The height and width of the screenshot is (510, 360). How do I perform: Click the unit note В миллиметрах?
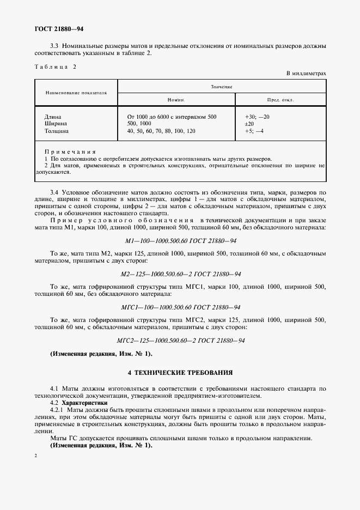coord(306,74)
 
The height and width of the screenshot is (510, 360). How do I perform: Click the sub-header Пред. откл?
coord(281,100)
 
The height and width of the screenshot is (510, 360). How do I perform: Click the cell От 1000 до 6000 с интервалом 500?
coord(172,117)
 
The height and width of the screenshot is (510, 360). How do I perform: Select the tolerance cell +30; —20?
coord(258,117)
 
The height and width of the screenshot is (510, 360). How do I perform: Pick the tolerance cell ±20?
coord(250,124)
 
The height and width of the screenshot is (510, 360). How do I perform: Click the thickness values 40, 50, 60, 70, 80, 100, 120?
coord(161,131)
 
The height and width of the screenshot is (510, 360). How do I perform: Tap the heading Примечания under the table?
coord(70,152)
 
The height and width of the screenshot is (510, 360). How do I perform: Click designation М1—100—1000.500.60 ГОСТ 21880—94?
coord(180,240)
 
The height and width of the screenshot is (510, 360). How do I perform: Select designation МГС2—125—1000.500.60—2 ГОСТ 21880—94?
coord(180,341)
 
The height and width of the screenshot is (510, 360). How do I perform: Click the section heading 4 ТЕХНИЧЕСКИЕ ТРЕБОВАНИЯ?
coord(180,373)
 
